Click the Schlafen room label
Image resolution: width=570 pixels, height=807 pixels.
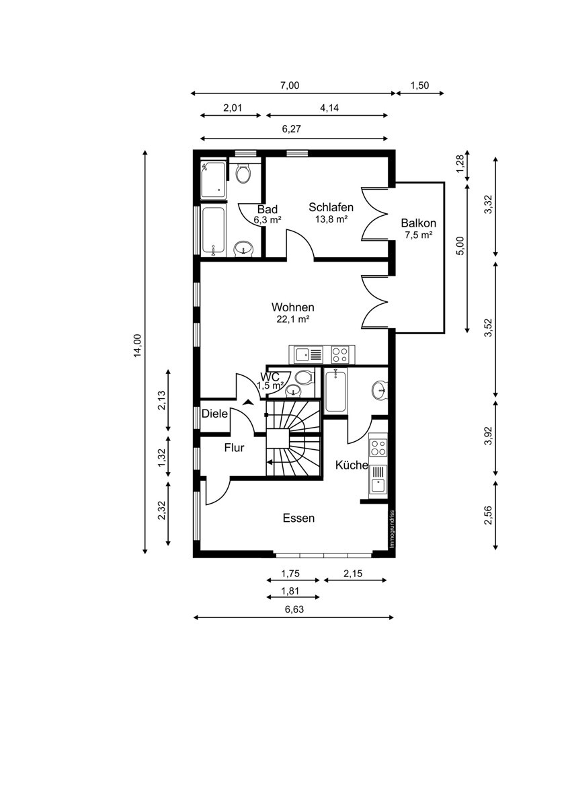(x=331, y=207)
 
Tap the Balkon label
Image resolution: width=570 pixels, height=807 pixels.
(x=418, y=223)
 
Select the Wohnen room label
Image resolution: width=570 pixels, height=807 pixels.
(x=293, y=307)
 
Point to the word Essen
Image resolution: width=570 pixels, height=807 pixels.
(x=298, y=518)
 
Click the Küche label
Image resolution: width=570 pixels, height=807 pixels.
(x=352, y=465)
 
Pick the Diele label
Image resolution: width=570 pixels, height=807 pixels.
(x=214, y=414)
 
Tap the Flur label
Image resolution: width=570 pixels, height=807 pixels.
(x=234, y=448)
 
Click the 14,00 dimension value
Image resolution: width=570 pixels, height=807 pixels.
(x=138, y=346)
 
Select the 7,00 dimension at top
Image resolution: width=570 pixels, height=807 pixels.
(x=290, y=85)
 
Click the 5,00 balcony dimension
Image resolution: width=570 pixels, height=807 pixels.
(x=460, y=246)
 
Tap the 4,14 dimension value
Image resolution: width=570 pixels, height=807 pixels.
(x=329, y=108)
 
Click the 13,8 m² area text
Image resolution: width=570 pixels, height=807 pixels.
(x=331, y=219)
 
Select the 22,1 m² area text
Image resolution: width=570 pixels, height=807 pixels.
(x=293, y=319)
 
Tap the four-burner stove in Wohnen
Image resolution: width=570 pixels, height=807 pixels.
(x=340, y=354)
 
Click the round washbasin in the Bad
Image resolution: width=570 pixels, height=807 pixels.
(x=243, y=249)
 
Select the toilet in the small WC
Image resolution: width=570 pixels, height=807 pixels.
(x=304, y=378)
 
